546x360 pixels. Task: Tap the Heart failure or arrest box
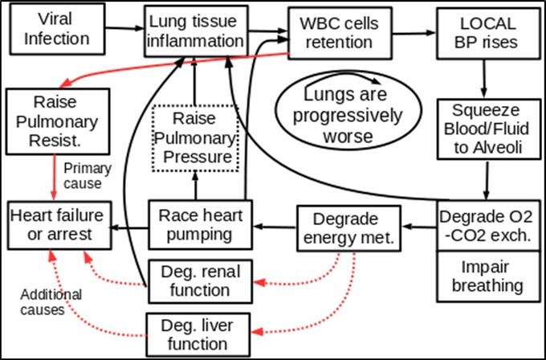[x=58, y=223]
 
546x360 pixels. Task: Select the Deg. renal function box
[x=194, y=276]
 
